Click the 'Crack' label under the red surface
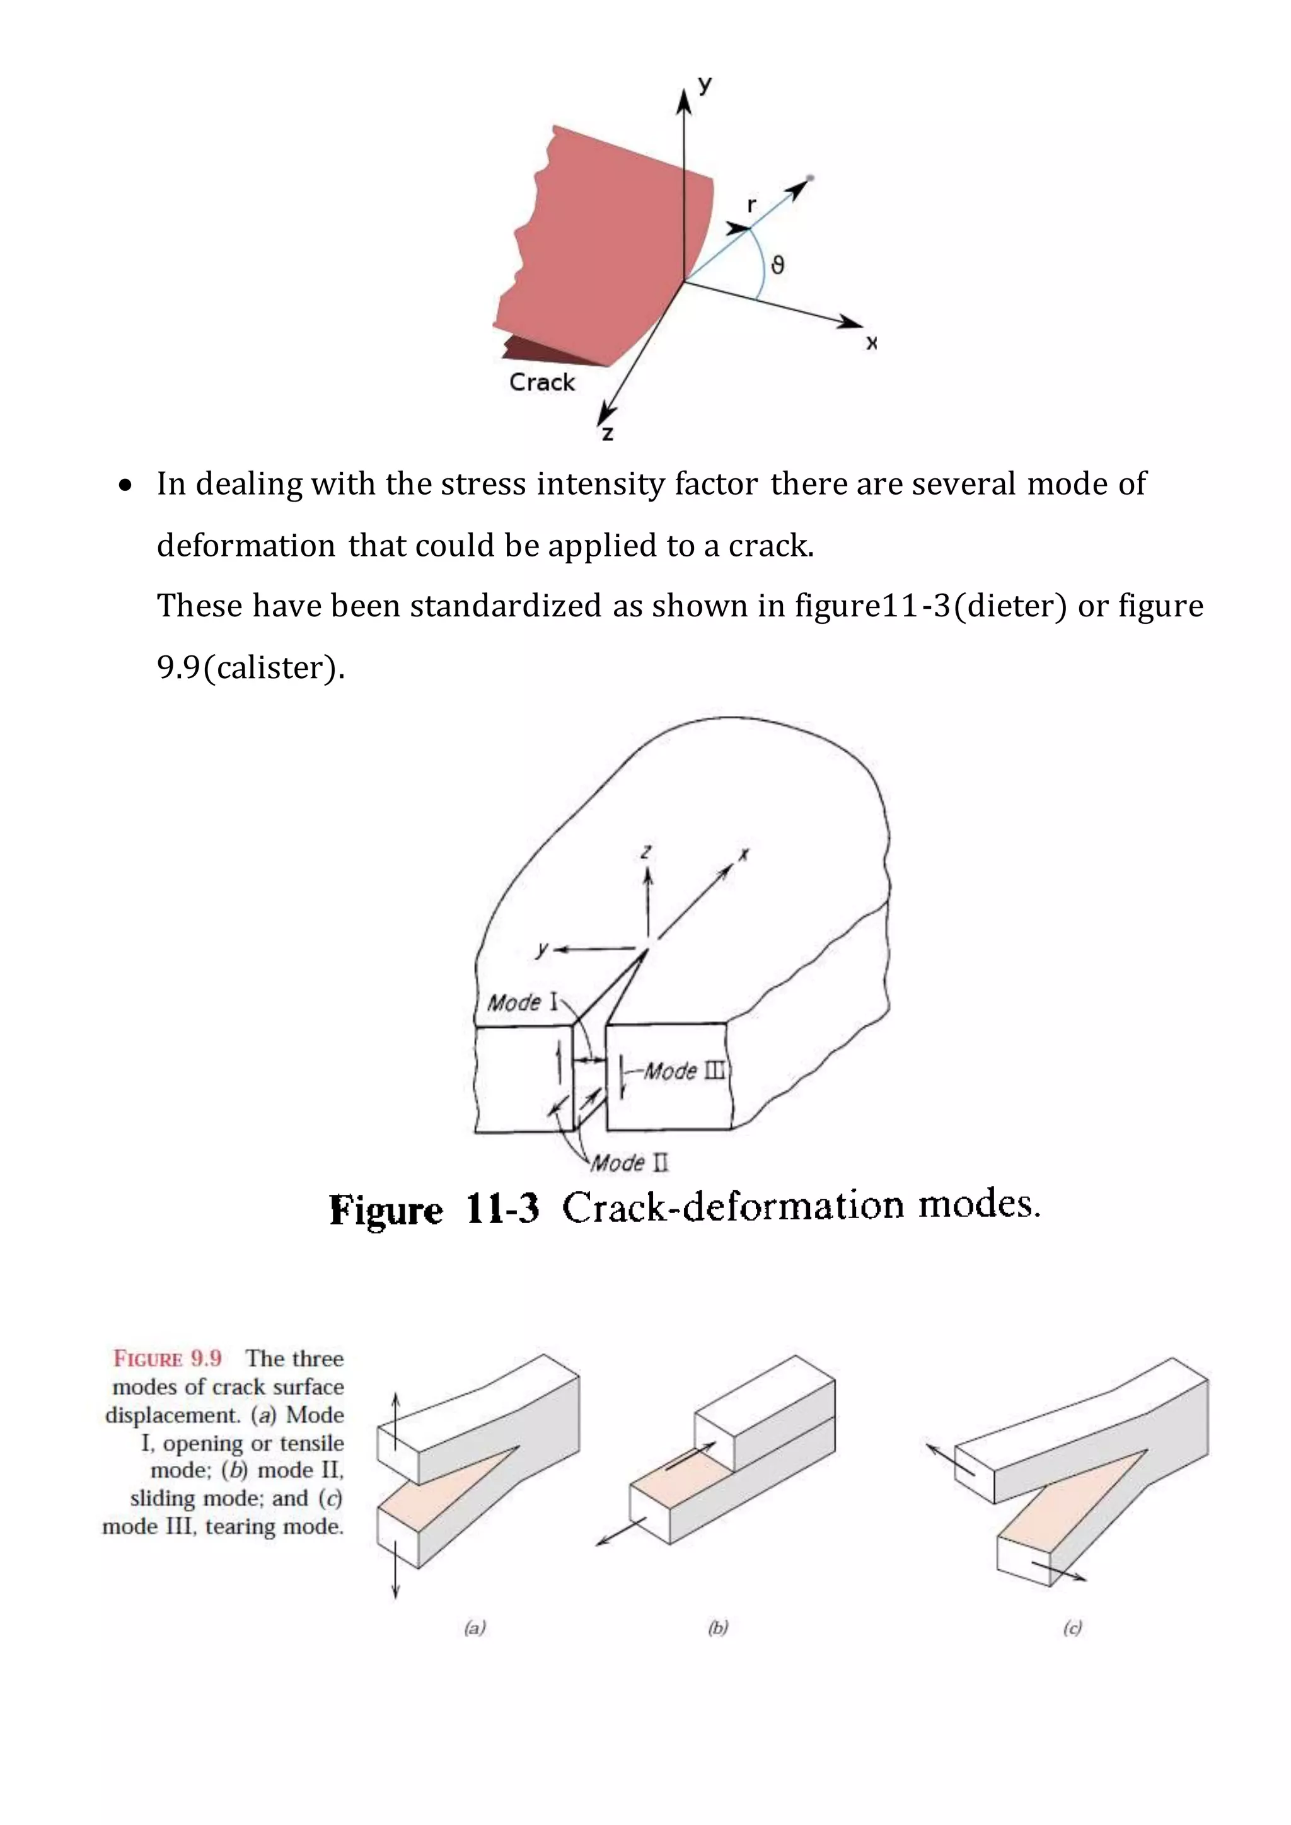(x=541, y=383)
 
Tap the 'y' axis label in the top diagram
(x=704, y=84)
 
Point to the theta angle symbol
(x=777, y=265)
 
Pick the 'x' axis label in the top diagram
(x=872, y=343)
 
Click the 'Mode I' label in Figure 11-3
(x=523, y=1003)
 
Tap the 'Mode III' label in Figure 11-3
(x=684, y=1071)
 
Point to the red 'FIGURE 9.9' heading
(x=168, y=1359)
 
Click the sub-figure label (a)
(x=475, y=1628)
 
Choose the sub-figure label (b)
(x=718, y=1628)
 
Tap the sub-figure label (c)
(x=1072, y=1628)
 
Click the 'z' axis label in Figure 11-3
(x=646, y=851)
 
